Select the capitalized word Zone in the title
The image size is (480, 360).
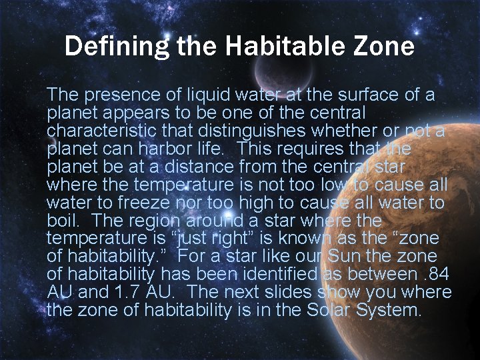385,47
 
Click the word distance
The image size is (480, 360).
194,167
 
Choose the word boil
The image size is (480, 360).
63,221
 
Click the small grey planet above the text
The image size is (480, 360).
276,69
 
